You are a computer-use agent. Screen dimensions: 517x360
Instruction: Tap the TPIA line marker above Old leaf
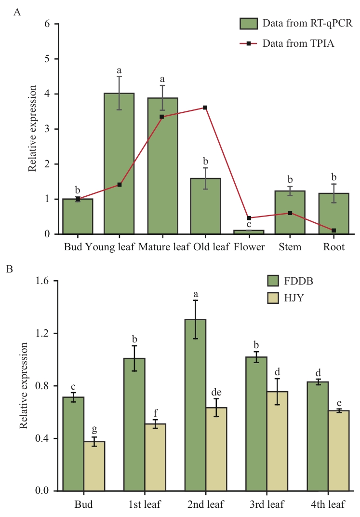click(205, 108)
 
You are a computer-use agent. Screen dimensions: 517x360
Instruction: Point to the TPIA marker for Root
click(333, 231)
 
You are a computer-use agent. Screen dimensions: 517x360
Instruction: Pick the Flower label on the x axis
click(249, 247)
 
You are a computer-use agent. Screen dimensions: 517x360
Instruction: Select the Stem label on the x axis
click(290, 247)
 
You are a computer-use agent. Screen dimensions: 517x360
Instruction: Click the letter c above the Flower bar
click(248, 224)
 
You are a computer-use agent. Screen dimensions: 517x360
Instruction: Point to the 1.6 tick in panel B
click(45, 281)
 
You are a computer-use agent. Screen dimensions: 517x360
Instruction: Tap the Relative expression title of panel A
click(32, 129)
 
